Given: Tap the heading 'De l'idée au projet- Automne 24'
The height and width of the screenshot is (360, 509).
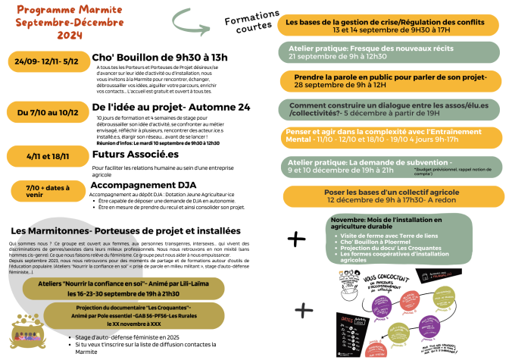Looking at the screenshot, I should click(170, 108).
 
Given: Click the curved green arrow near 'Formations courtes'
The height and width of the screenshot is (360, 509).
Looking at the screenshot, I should click(192, 17).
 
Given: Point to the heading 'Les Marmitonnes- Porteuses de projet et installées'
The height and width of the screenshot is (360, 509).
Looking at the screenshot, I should click(126, 230).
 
